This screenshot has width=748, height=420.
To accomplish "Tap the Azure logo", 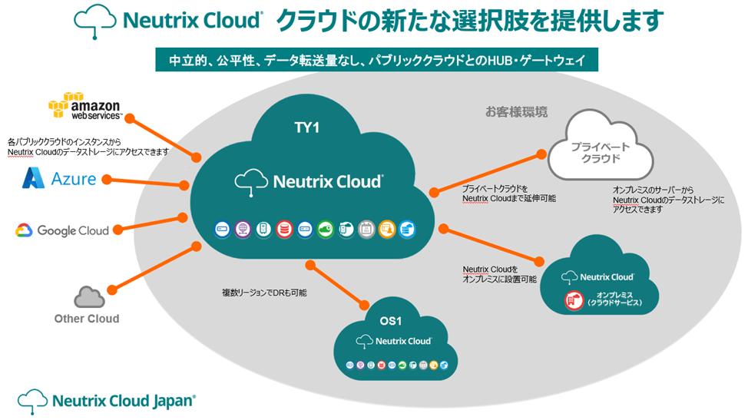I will pyautogui.click(x=60, y=179).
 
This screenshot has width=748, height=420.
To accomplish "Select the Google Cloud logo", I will pyautogui.click(x=62, y=230).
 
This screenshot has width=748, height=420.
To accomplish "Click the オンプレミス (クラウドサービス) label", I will pyautogui.click(x=614, y=299).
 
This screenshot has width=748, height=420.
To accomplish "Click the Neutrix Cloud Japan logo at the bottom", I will pyautogui.click(x=107, y=400).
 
